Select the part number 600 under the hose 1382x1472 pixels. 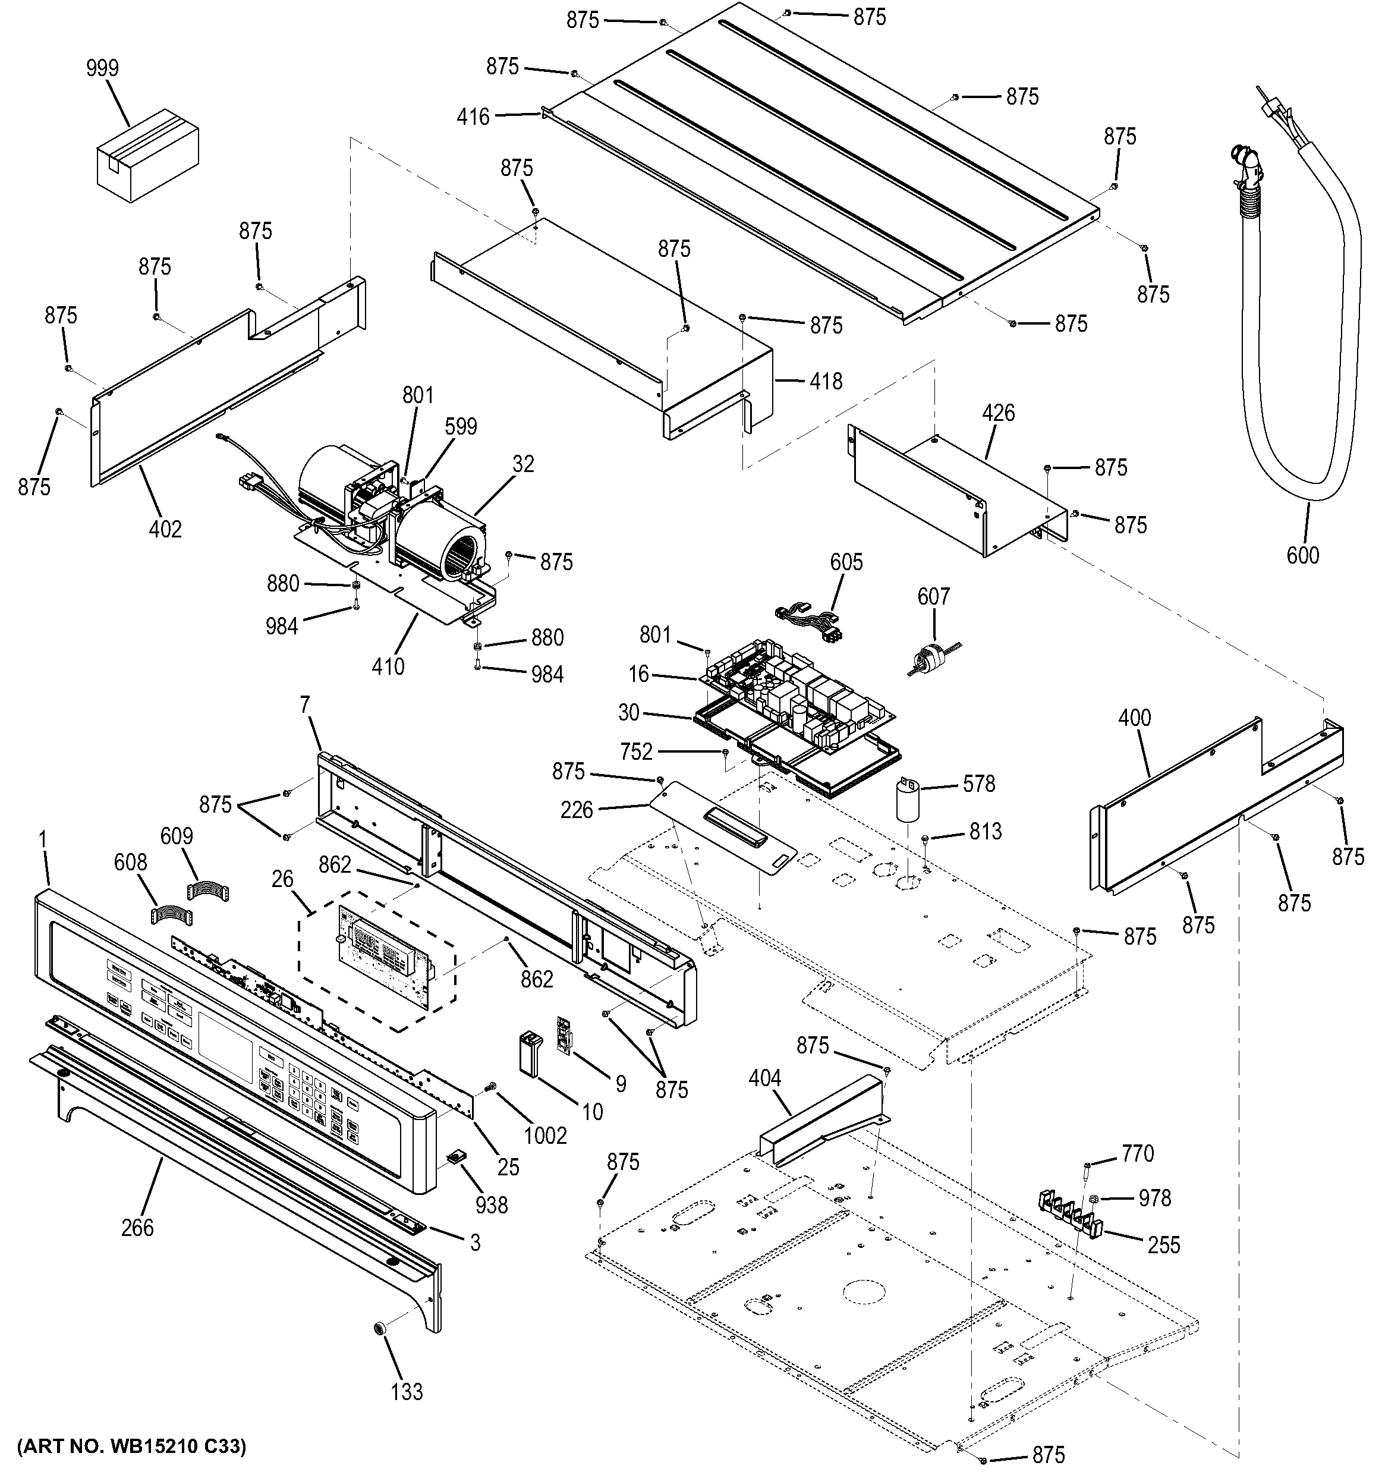click(1303, 555)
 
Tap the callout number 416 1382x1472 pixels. click(473, 117)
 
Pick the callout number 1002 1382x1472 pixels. click(546, 1135)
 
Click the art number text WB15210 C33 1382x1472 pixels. click(131, 1445)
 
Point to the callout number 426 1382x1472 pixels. click(998, 413)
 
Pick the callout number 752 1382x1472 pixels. click(636, 752)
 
